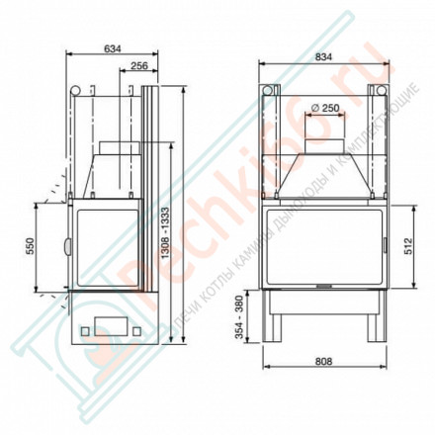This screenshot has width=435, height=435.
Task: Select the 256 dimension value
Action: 138,65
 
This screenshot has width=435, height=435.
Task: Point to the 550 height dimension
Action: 30,246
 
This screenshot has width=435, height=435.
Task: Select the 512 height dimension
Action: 405,246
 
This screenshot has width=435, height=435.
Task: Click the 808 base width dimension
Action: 323,360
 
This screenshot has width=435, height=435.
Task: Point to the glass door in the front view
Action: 323,246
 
